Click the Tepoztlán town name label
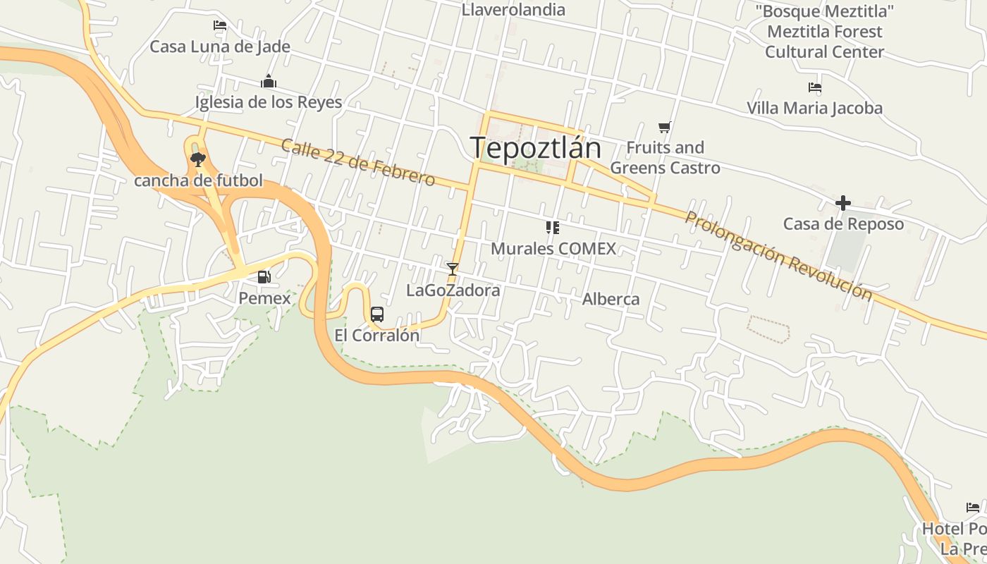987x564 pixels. click(535, 148)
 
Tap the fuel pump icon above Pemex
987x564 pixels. click(264, 277)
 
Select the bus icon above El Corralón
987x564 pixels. click(377, 314)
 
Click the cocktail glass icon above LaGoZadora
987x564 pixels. click(453, 269)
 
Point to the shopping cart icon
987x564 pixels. click(664, 127)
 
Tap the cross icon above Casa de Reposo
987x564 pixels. click(842, 204)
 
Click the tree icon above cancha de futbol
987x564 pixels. click(198, 159)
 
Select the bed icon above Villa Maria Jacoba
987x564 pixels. click(814, 87)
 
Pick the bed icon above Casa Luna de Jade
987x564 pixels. click(220, 25)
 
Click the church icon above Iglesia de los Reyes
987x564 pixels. click(269, 82)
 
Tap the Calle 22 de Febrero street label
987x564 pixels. click(357, 162)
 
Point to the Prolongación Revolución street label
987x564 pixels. click(778, 255)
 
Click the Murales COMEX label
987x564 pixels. click(553, 248)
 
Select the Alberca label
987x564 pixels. click(611, 299)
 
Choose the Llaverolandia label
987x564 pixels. click(513, 10)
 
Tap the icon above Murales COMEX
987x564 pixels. click(552, 227)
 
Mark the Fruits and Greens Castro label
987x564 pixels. click(665, 157)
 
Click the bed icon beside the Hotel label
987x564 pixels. click(973, 508)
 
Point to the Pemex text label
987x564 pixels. click(264, 298)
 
